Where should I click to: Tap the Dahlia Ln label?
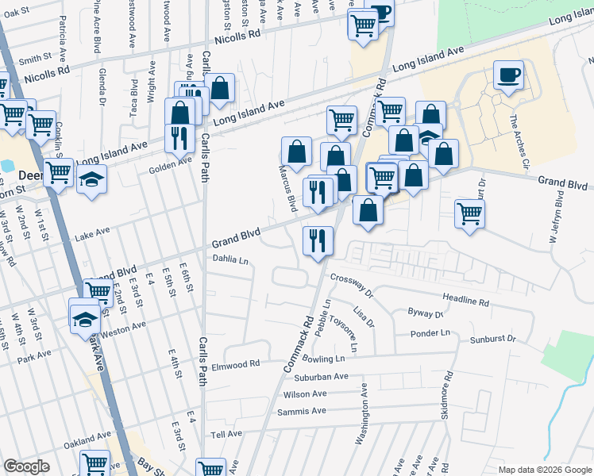click(x=230, y=259)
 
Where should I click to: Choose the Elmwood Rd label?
click(x=236, y=365)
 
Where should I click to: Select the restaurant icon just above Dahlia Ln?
click(x=318, y=240)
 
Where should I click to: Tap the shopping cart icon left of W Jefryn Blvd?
click(x=469, y=213)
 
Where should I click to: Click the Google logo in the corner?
click(x=26, y=466)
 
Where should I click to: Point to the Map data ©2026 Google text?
click(x=544, y=470)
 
